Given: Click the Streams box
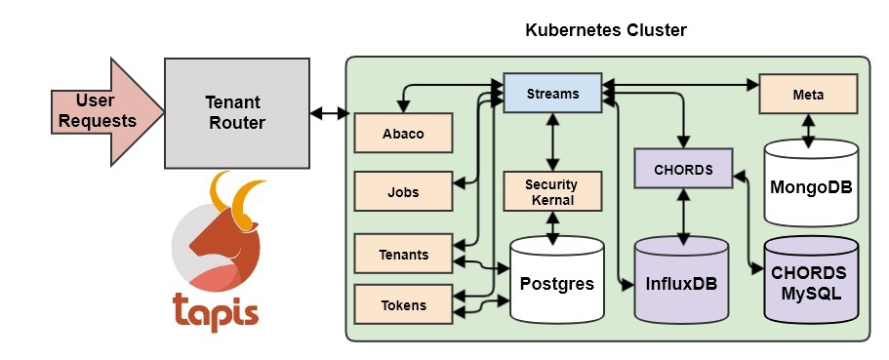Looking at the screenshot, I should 552,95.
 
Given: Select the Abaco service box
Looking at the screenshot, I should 403,134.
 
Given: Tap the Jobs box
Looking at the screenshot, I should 403,191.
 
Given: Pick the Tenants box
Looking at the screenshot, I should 403,255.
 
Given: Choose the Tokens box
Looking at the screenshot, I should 403,304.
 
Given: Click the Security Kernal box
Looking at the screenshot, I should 551,192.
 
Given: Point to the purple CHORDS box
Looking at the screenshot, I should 683,169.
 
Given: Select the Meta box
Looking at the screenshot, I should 808,96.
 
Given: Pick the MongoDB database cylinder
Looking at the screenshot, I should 812,183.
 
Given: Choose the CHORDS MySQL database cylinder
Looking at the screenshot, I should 810,282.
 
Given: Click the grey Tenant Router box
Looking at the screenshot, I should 235,112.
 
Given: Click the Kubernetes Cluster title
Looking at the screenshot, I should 606,30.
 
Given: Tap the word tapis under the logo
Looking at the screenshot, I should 217,312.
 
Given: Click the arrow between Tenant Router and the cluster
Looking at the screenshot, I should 330,113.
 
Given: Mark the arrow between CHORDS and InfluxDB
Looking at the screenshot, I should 683,214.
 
